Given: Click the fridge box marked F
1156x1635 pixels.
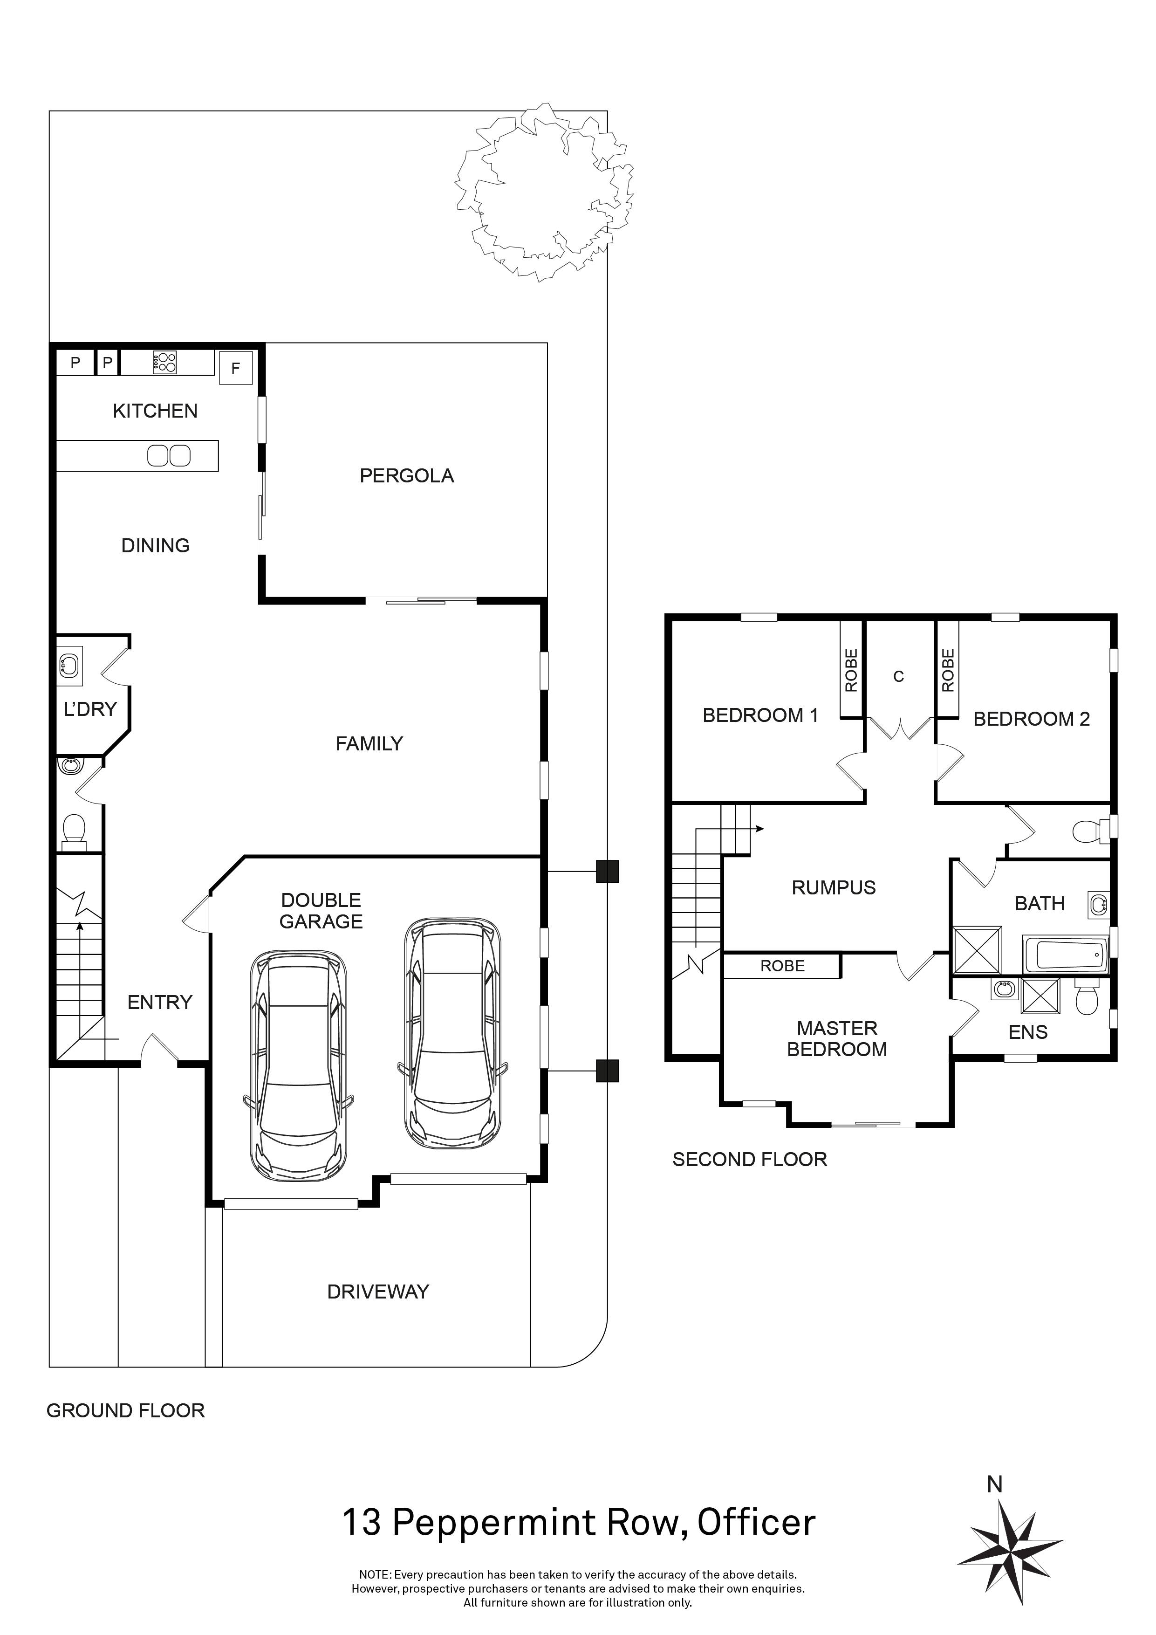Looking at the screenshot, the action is tap(236, 368).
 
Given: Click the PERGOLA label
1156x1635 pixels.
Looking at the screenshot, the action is tap(406, 476).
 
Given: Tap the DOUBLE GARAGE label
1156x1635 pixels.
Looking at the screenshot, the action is tap(321, 911).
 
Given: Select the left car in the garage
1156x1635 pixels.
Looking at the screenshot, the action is tap(299, 1066).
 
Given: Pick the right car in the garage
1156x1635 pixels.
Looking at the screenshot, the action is tap(453, 1033).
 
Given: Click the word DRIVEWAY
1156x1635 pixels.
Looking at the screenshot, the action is tap(378, 1292).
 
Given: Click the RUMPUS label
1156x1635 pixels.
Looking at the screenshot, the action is tap(834, 887).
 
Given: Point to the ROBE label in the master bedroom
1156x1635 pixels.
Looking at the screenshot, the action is tap(782, 966).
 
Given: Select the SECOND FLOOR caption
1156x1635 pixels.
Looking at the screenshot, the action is tap(750, 1160).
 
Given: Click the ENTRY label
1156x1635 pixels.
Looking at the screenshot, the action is tap(159, 1003).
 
